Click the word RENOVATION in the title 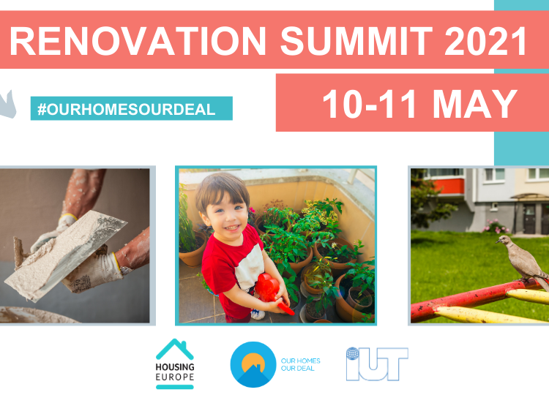(138, 41)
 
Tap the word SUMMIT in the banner (356, 41)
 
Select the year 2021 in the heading (485, 41)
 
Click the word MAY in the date (475, 104)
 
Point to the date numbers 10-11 (370, 104)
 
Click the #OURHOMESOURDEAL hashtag (126, 110)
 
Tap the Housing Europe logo (175, 364)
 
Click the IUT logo (377, 364)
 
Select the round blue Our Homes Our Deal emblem (253, 364)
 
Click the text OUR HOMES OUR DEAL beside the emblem (300, 364)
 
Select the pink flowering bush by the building (496, 227)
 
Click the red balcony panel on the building (449, 187)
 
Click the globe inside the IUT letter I (353, 353)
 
